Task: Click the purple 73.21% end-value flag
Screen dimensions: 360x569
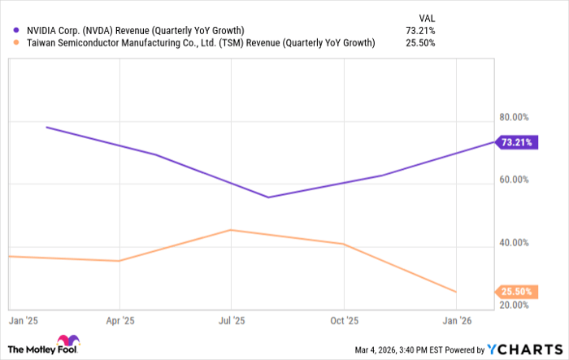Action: pyautogui.click(x=517, y=142)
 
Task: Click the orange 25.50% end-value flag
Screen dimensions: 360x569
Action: pyautogui.click(x=517, y=291)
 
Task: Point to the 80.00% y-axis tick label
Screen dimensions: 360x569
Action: pyautogui.click(x=513, y=116)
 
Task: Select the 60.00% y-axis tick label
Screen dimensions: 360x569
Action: pyautogui.click(x=513, y=180)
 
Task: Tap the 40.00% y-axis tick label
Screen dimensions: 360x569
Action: pyautogui.click(x=513, y=242)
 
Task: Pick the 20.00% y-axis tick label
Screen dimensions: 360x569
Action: pyautogui.click(x=513, y=305)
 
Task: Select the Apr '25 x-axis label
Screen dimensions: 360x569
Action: pyautogui.click(x=119, y=319)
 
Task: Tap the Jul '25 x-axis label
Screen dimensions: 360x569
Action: pyautogui.click(x=232, y=319)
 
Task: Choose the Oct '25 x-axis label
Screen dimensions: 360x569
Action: pyautogui.click(x=345, y=319)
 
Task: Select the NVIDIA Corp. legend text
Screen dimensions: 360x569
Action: pyautogui.click(x=135, y=31)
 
